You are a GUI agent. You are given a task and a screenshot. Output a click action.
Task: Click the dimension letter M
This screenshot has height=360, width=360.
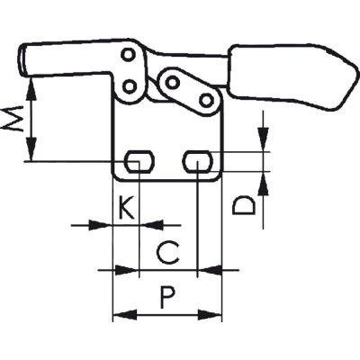pyautogui.click(x=13, y=118)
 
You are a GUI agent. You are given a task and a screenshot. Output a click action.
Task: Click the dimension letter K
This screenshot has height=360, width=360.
pyautogui.click(x=126, y=207)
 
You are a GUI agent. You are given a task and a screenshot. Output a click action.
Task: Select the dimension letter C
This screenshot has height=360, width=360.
pyautogui.click(x=168, y=252)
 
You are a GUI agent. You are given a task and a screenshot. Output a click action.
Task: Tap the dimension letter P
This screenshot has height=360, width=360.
pyautogui.click(x=166, y=297)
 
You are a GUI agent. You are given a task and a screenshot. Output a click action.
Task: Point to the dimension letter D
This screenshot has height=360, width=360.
pyautogui.click(x=244, y=205)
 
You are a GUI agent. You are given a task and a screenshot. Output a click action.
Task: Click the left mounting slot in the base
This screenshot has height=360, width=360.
pyautogui.click(x=139, y=161)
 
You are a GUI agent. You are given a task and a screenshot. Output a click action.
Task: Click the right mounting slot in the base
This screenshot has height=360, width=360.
pyautogui.click(x=197, y=161)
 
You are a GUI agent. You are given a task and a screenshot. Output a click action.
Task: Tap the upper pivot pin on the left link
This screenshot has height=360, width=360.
pyautogui.click(x=128, y=55)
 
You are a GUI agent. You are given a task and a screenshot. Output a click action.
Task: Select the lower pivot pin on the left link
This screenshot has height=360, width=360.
pyautogui.click(x=130, y=87)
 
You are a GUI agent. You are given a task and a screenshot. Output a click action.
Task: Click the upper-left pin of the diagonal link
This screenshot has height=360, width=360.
pyautogui.click(x=172, y=82)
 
